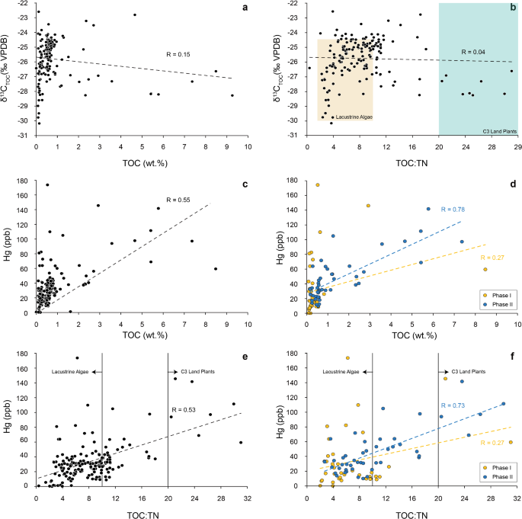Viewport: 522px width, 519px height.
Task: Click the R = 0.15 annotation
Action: (179, 55)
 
